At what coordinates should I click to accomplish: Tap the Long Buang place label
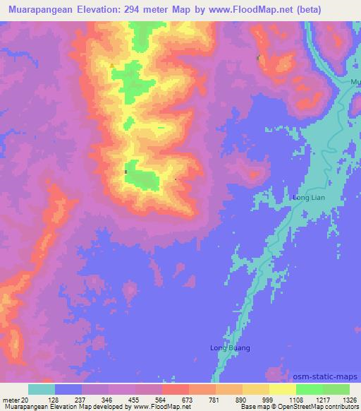(231, 347)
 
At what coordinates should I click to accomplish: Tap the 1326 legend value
(349, 400)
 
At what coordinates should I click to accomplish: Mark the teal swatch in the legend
(42, 389)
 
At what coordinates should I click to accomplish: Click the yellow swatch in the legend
(282, 389)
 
